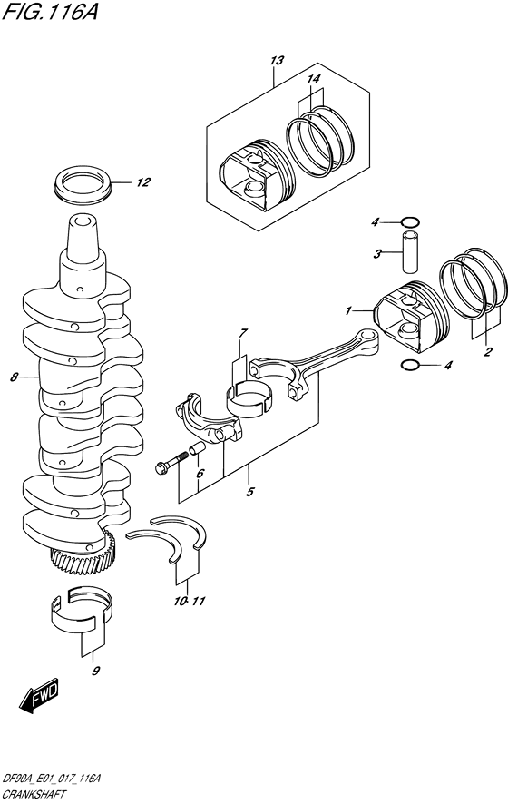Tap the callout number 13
point(277,60)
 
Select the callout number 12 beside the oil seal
point(142,182)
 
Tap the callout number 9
point(95,671)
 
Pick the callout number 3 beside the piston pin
point(377,254)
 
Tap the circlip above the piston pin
point(410,221)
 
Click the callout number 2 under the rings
point(487,352)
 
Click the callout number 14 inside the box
point(313,80)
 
